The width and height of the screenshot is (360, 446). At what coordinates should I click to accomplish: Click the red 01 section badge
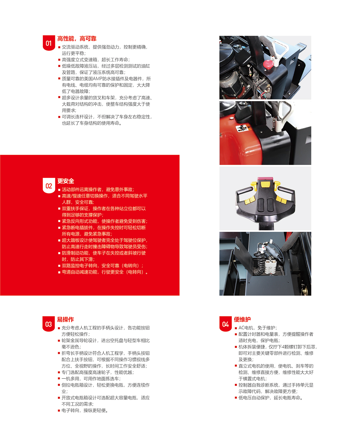tap(49, 43)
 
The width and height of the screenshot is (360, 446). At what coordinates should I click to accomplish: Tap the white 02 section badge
tap(49, 185)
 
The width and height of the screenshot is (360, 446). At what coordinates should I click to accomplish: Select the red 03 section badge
tap(49, 324)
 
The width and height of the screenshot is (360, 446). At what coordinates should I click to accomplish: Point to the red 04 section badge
tap(225, 324)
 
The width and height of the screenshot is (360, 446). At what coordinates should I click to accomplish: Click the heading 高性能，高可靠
tap(77, 39)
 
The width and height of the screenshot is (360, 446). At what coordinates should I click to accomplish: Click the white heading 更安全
tap(66, 181)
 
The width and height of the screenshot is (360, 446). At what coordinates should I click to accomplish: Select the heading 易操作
tap(65, 319)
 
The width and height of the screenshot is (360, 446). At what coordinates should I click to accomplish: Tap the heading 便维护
tap(242, 319)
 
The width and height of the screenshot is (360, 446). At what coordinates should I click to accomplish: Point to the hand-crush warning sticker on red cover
tap(242, 128)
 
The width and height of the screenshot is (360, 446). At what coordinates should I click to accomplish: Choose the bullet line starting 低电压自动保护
tap(269, 398)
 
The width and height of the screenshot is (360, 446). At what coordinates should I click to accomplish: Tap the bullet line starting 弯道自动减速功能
tap(103, 272)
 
